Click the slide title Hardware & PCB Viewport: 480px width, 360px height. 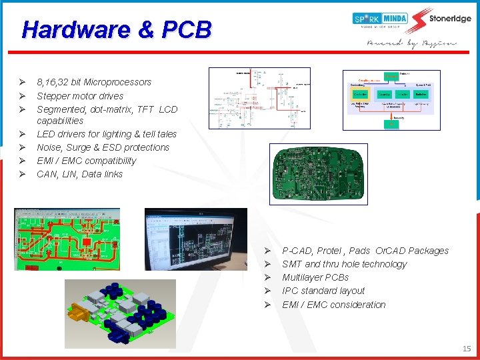117,29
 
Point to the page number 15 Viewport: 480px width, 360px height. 466,348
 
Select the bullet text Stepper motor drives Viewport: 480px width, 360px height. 80,96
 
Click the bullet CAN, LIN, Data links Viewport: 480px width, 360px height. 80,174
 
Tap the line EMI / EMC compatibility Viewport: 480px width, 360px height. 86,161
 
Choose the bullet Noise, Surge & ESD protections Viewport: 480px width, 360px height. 103,147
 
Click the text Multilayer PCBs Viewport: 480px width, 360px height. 315,277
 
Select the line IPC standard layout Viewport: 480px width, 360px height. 323,291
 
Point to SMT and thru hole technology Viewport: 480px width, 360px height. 344,264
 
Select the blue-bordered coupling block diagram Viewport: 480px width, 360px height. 391,100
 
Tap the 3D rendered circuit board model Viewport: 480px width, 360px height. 120,312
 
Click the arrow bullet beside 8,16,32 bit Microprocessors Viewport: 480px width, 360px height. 22,82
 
